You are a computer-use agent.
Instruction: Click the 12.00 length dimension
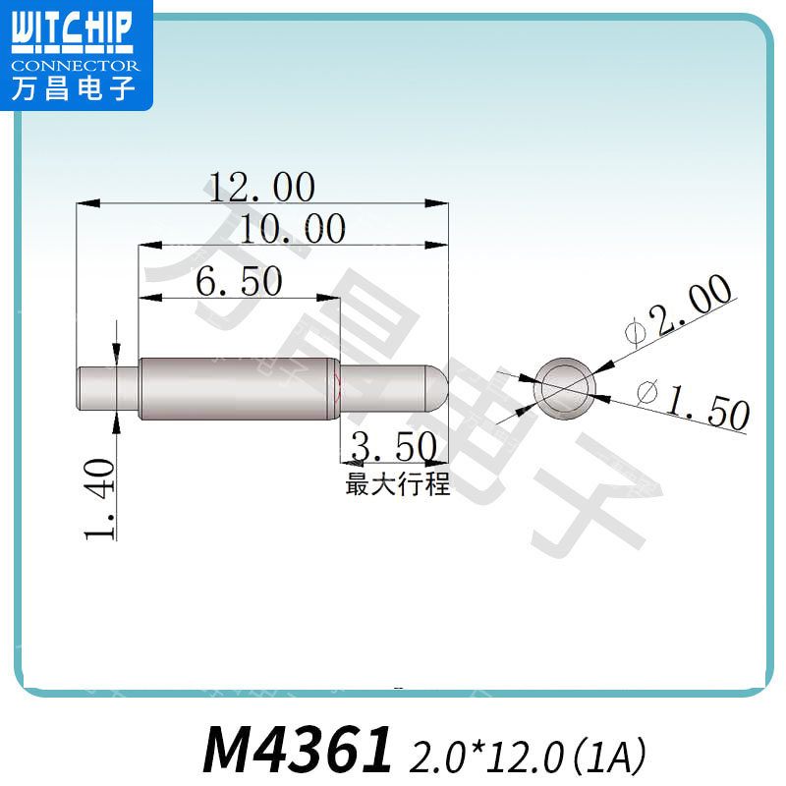(x=259, y=187)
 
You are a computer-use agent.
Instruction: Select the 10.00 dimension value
(x=293, y=229)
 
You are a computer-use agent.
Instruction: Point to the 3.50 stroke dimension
(x=393, y=448)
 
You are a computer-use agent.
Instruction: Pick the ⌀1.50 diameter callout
(x=694, y=403)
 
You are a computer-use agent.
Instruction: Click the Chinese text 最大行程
(x=398, y=484)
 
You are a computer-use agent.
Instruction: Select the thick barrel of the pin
(x=236, y=387)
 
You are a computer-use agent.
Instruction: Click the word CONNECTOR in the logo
(x=76, y=66)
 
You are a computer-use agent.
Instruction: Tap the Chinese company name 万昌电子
(x=75, y=89)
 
